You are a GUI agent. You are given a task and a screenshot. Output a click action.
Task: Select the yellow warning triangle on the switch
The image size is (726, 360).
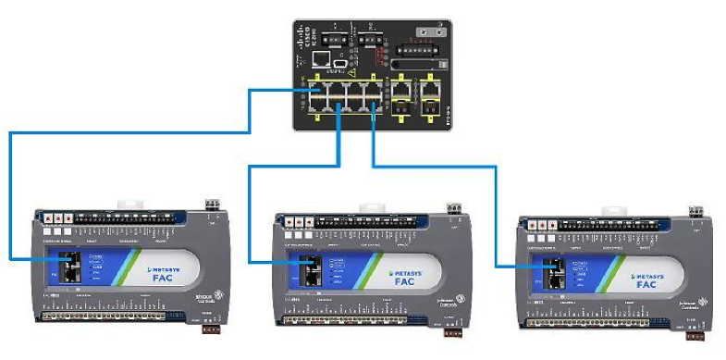pos(351,70)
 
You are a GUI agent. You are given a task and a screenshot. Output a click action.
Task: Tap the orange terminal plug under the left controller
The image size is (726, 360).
pos(211,327)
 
